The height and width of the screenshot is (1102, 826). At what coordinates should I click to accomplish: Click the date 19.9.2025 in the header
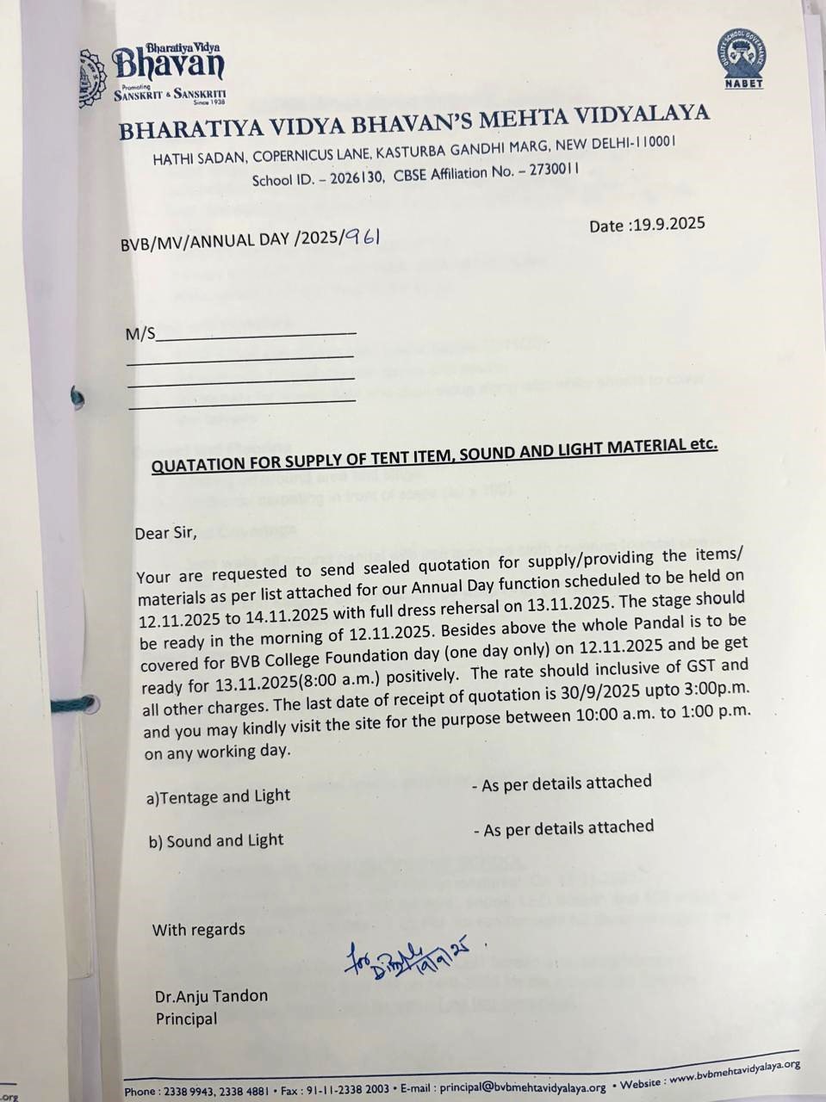668,225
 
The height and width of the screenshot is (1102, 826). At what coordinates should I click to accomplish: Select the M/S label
140,334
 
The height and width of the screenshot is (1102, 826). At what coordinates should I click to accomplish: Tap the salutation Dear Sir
165,533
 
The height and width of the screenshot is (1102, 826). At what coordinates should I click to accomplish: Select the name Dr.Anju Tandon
211,996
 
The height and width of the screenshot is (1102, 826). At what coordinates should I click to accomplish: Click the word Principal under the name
186,1019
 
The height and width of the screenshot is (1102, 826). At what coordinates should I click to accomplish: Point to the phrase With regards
198,930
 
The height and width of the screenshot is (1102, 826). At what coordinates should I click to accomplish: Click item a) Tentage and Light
218,796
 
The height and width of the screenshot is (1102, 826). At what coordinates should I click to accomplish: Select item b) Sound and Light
215,840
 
